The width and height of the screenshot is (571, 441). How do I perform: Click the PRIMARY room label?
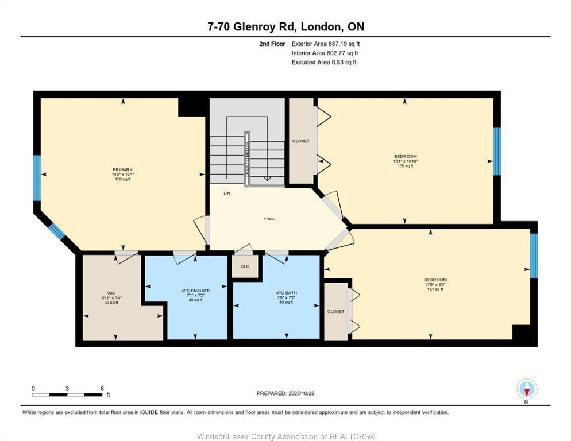(122, 170)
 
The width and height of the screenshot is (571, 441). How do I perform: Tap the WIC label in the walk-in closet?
(111, 293)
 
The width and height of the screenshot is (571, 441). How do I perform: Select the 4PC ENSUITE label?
(195, 291)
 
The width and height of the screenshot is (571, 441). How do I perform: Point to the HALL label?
(269, 219)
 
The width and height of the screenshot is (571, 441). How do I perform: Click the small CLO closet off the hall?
(245, 266)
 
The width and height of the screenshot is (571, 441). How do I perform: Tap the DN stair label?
(227, 193)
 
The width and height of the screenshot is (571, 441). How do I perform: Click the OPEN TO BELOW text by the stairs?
(248, 159)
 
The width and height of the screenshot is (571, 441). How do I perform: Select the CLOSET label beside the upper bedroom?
(301, 141)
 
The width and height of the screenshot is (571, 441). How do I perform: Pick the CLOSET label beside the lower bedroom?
(336, 311)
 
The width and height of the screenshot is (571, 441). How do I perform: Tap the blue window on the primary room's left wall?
(37, 177)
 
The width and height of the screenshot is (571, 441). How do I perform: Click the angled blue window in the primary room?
(56, 231)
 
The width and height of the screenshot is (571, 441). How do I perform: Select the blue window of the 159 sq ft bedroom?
(497, 151)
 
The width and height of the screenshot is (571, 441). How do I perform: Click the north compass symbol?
(527, 389)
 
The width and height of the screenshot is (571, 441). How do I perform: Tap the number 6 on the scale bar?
(102, 389)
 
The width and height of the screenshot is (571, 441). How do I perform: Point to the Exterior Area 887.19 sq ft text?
(325, 44)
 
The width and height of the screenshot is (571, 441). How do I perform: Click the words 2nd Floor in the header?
(272, 44)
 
